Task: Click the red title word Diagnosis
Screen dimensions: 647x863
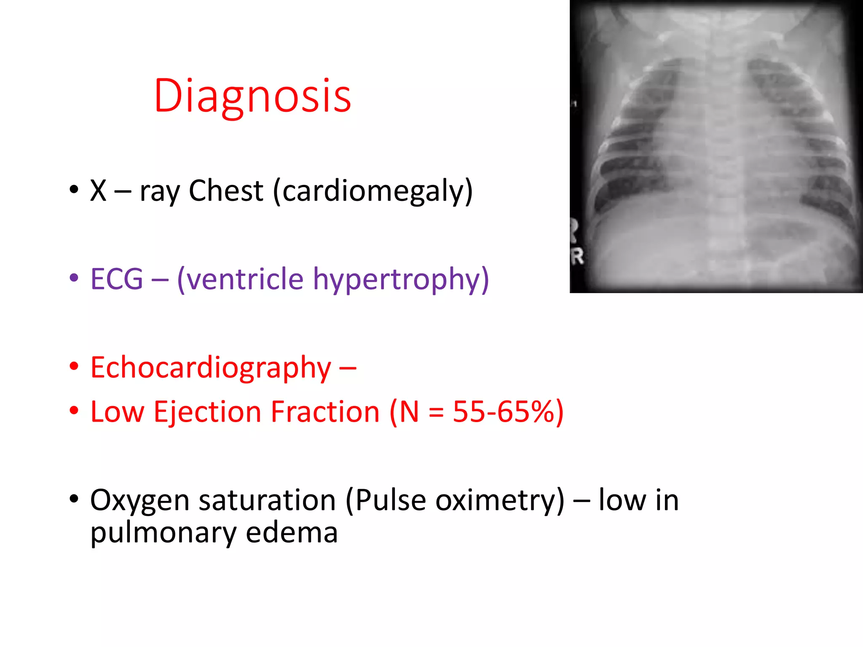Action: click(252, 96)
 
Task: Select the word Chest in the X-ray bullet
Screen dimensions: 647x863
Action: click(226, 191)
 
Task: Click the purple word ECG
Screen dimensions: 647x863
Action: click(117, 279)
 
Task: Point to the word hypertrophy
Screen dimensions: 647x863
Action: click(401, 280)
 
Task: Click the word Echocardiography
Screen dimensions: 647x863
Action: click(211, 368)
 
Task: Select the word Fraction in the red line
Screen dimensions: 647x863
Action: click(325, 412)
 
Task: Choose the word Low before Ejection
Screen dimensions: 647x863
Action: click(117, 412)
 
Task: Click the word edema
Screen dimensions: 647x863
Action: click(292, 532)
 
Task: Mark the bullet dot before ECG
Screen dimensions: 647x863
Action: click(74, 278)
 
